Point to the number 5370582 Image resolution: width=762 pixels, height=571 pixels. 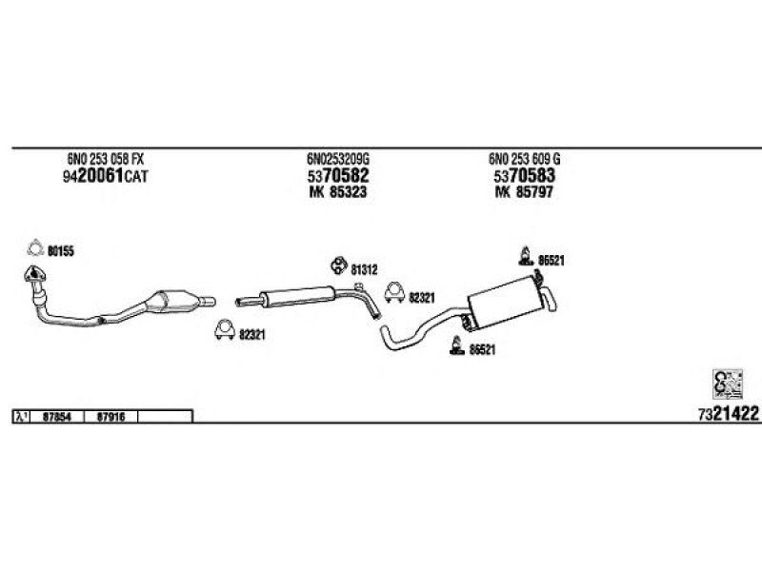337,177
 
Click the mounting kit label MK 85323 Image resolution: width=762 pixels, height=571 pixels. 337,192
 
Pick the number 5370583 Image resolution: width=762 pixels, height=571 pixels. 525,177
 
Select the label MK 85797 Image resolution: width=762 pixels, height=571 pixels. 525,192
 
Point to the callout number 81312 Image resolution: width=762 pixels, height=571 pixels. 364,268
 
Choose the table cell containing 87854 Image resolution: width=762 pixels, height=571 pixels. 58,416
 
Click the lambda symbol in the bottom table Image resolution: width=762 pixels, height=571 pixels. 20,416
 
